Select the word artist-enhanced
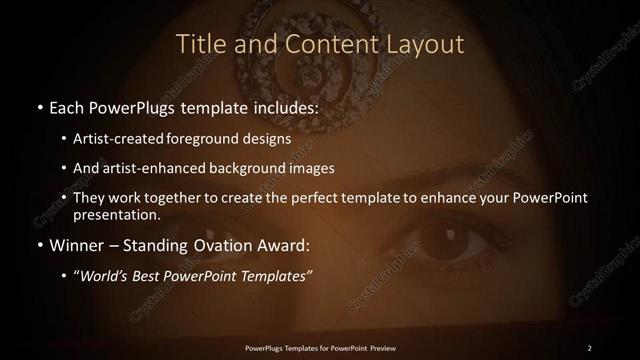164,168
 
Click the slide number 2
590,347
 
